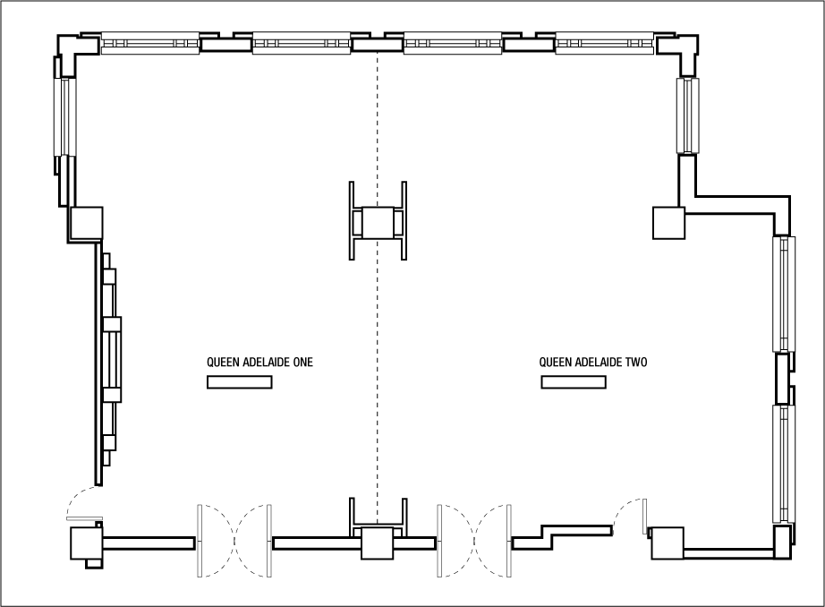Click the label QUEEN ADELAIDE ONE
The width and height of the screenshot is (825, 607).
coord(259,363)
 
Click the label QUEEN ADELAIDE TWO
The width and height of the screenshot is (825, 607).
coord(593,363)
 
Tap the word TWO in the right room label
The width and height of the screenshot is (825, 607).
coord(635,363)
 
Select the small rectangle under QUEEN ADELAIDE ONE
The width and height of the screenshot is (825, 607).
coord(239,382)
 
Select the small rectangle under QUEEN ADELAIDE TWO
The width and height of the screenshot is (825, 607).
coord(573,382)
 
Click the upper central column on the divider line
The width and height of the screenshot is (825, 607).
coord(378,223)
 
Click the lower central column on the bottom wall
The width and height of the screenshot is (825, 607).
coord(378,543)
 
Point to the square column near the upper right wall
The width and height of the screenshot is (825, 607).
coord(668,223)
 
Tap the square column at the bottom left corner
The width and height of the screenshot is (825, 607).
coord(87,543)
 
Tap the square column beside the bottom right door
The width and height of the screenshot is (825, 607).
coord(668,543)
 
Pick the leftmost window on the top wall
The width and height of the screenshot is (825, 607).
coord(149,43)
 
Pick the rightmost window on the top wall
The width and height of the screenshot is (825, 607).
coord(604,43)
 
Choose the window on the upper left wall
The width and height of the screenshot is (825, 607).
coord(64,116)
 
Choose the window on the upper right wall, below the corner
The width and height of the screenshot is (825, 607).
coord(688,116)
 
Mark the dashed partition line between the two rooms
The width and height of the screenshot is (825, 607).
coord(378,376)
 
